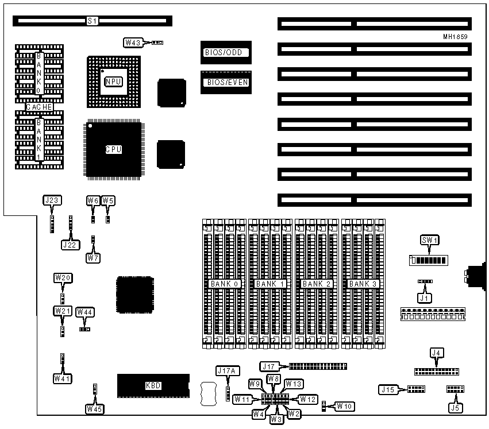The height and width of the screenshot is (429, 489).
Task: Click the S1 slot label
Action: pyautogui.click(x=93, y=21)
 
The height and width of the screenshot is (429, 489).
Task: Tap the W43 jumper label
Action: pyautogui.click(x=132, y=42)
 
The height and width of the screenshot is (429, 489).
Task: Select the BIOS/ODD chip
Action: pyautogui.click(x=226, y=52)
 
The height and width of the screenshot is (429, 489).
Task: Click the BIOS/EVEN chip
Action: pyautogui.click(x=226, y=82)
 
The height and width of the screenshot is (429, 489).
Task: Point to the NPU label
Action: pyautogui.click(x=113, y=82)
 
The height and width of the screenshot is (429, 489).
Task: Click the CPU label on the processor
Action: pyautogui.click(x=113, y=149)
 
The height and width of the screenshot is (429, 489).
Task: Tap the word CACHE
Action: pyautogui.click(x=40, y=107)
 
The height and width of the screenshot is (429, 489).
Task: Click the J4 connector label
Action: pyautogui.click(x=437, y=353)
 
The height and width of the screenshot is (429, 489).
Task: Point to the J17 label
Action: pyautogui.click(x=269, y=366)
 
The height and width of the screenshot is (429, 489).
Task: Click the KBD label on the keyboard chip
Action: pyautogui.click(x=153, y=386)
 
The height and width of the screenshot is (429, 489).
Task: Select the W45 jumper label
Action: pyautogui.click(x=95, y=408)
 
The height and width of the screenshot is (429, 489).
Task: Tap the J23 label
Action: pyautogui.click(x=51, y=200)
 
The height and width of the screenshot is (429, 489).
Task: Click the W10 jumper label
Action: pyautogui.click(x=344, y=406)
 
